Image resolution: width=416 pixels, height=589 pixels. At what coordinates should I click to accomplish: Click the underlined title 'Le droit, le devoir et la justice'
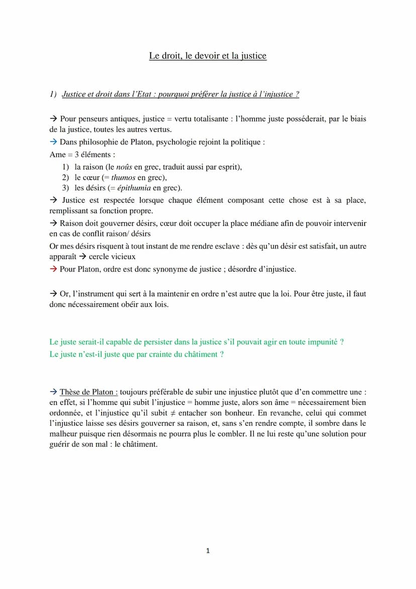pyautogui.click(x=207, y=56)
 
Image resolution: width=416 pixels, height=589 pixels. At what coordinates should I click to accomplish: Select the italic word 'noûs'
pyautogui.click(x=124, y=167)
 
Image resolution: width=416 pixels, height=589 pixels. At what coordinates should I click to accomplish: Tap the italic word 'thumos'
pyautogui.click(x=124, y=178)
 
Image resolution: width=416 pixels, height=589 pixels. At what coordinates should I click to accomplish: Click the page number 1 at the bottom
pyautogui.click(x=208, y=551)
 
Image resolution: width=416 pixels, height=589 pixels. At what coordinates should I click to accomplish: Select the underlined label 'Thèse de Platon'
pyautogui.click(x=88, y=392)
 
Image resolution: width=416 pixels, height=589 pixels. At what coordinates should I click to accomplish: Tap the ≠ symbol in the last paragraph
pyautogui.click(x=172, y=413)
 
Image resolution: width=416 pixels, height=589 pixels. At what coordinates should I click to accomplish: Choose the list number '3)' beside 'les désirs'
pyautogui.click(x=65, y=188)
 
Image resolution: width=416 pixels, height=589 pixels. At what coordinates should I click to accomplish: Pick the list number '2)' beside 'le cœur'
pyautogui.click(x=65, y=178)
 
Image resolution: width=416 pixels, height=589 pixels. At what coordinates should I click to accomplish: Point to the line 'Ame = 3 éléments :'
pyautogui.click(x=82, y=155)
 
